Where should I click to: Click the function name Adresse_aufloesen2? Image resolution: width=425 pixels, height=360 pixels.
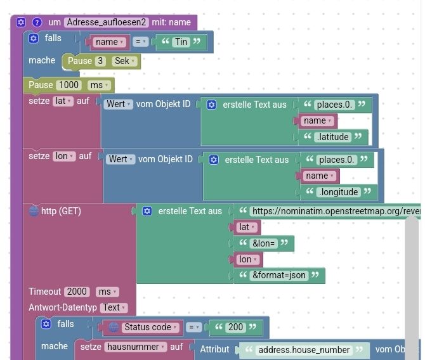[106, 22]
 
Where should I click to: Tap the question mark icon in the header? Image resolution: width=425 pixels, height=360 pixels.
[37, 22]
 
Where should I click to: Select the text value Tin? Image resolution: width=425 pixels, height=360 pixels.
[181, 42]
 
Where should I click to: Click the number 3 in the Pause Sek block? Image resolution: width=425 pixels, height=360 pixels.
[100, 61]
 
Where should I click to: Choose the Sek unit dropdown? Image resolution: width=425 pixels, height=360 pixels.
[123, 61]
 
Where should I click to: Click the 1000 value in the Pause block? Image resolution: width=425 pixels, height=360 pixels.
[69, 85]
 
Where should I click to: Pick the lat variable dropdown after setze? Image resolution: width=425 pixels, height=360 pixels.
[63, 101]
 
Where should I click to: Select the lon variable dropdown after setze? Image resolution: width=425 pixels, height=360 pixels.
[63, 156]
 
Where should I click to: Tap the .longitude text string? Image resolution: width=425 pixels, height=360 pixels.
[341, 191]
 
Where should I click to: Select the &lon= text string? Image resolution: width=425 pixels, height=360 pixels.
[263, 243]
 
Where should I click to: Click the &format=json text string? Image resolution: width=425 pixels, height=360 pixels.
[279, 275]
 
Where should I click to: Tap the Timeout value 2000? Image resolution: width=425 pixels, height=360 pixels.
[77, 292]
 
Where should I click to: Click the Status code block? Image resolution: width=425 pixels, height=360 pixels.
[147, 327]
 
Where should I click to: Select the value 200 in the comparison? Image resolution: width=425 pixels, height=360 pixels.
[235, 327]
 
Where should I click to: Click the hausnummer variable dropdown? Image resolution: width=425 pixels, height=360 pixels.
[136, 347]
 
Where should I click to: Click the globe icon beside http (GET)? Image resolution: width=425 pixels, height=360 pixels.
[34, 211]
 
